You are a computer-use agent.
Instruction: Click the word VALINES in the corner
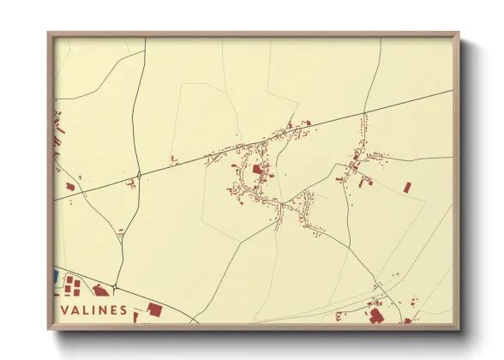click(94, 310)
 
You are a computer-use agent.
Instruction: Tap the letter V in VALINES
click(63, 310)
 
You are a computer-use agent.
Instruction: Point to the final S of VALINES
click(124, 310)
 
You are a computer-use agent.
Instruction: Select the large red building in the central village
click(257, 169)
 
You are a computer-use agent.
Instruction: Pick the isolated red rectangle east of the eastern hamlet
click(407, 187)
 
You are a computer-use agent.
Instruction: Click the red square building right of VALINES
click(154, 309)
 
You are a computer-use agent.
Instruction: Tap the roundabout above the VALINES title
click(114, 286)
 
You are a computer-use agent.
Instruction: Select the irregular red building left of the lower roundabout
click(100, 291)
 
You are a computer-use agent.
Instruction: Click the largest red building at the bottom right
click(375, 315)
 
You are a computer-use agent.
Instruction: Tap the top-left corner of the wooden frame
click(49, 33)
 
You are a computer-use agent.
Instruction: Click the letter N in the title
click(103, 310)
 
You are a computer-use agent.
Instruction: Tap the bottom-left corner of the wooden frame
click(49, 328)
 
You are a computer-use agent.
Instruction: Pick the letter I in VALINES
click(93, 310)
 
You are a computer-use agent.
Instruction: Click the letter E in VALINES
click(114, 310)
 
